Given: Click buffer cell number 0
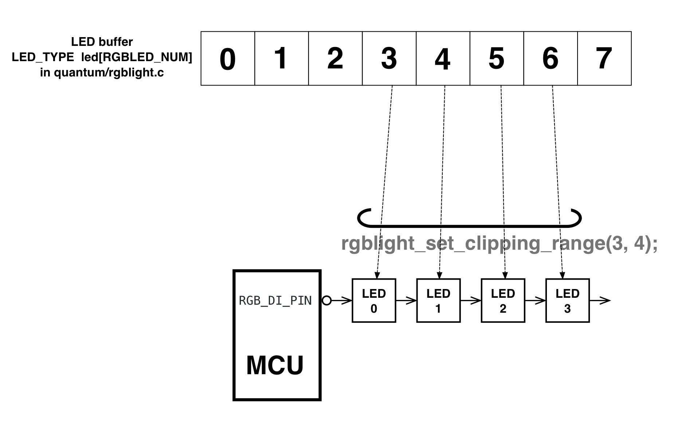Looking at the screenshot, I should coord(228,59).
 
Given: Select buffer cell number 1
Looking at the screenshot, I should coord(281,59).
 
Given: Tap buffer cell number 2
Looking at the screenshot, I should coord(335,59).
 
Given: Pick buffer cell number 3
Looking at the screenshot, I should coord(389,59).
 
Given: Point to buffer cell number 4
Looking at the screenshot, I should coord(443,59).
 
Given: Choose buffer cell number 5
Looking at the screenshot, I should coord(497,59).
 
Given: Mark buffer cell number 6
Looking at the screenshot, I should coord(550,59).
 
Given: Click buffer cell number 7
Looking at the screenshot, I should coord(604,59).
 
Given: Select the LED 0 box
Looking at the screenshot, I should coord(374,301).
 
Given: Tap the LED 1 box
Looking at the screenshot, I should coord(438,301).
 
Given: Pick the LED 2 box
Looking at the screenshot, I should coord(503,301).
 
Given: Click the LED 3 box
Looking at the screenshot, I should coord(567,301).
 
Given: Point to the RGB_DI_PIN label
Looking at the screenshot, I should coord(275,301).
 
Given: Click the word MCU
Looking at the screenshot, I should coord(275,365).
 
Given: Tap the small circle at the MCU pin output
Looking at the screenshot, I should coord(327,301).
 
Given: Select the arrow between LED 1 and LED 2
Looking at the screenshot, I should coord(471,301).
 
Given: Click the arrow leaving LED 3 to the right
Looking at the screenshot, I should coord(600,301).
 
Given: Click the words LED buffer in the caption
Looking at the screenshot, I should coord(102,42).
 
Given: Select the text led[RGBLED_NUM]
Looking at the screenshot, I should coord(137,57).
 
